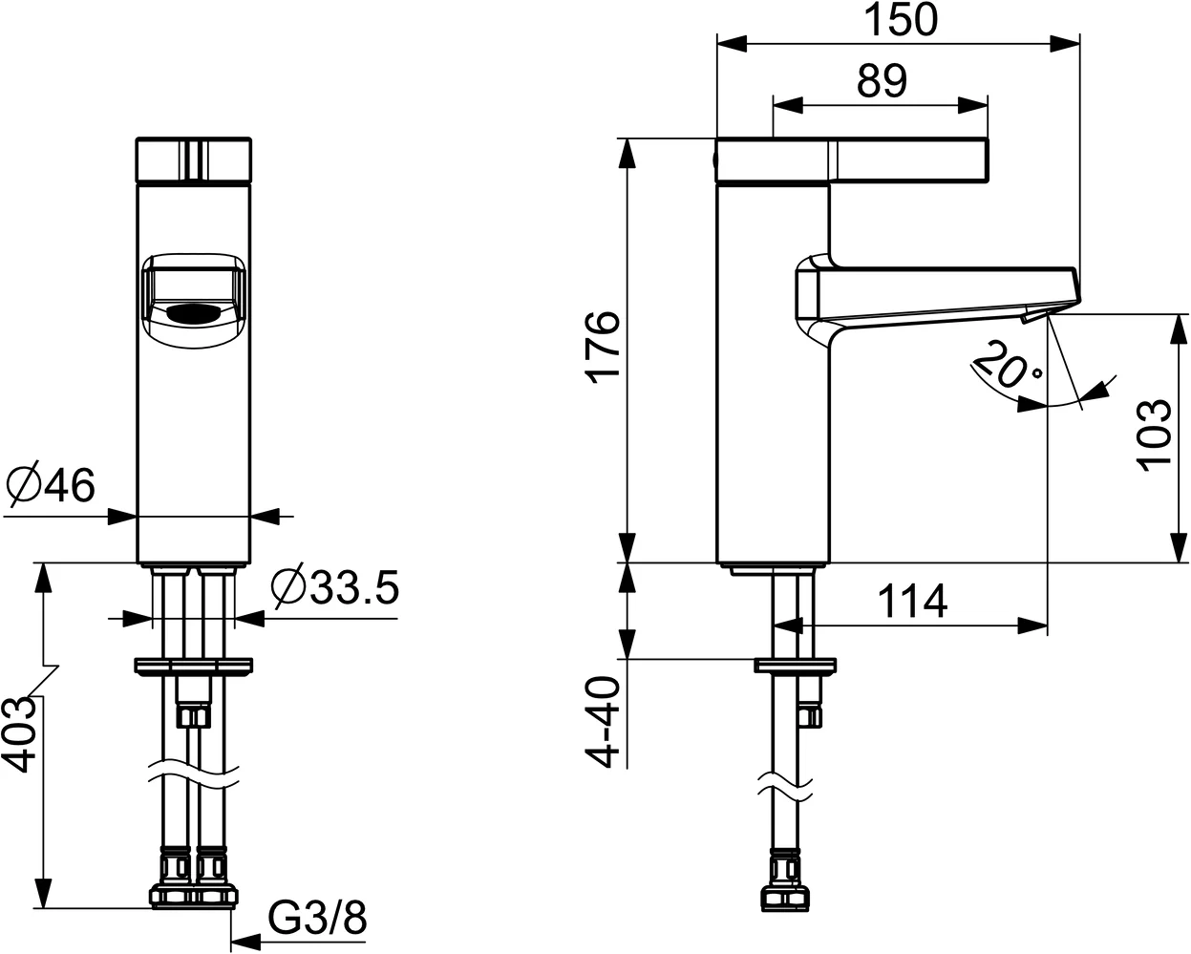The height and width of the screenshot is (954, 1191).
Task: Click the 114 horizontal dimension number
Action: pos(911,602)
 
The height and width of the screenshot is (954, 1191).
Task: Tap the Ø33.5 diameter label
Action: pos(333,587)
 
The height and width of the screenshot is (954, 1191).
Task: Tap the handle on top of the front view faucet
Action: pos(195,160)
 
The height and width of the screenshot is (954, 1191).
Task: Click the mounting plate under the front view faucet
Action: pos(195,665)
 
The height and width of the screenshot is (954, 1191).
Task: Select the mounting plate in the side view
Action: pos(796,665)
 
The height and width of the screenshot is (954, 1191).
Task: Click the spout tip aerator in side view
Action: pos(1033,313)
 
